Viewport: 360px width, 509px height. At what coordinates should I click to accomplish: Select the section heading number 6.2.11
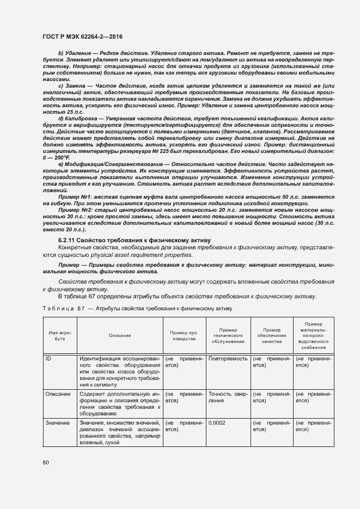coord(68,240)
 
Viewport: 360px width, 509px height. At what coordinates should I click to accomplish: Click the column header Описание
coord(119,336)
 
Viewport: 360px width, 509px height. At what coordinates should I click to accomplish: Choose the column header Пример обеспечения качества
coord(270,335)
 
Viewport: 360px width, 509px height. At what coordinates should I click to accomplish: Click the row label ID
coord(48,359)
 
